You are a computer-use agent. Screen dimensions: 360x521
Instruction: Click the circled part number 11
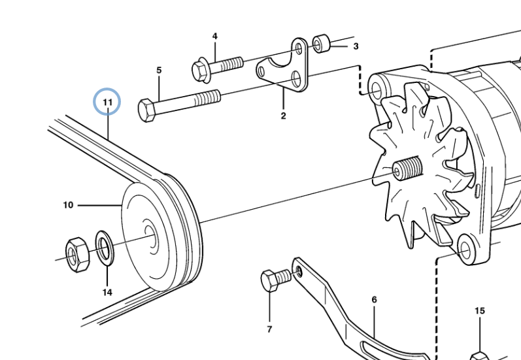pos(107,102)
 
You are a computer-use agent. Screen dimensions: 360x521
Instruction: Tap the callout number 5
pos(158,69)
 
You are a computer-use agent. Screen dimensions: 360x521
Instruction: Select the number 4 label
pos(214,36)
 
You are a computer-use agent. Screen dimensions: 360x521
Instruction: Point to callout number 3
pos(356,46)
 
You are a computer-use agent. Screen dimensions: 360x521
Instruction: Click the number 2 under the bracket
pos(283,116)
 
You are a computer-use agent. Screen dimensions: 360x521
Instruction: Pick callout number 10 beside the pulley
pos(68,205)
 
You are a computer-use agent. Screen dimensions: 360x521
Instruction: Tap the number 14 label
pos(107,292)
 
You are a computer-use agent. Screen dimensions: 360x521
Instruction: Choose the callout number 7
pos(269,329)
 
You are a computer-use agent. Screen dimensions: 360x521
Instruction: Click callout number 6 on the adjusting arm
pos(374,300)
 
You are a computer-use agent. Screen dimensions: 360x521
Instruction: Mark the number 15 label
pos(480,311)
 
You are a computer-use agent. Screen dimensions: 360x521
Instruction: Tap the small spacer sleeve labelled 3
pos(320,44)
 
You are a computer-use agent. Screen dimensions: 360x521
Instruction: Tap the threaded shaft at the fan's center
pos(409,169)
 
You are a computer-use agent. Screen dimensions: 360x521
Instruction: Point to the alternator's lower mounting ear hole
pos(465,248)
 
